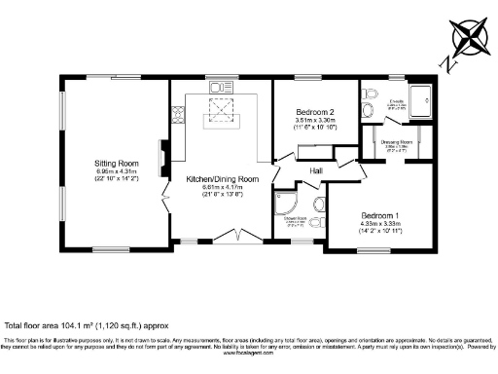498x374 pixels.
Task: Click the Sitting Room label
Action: [x=117, y=163]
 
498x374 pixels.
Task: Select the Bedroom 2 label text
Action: [x=315, y=113]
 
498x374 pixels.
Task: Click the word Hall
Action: [x=316, y=171]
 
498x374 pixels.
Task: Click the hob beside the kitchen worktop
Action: [x=178, y=117]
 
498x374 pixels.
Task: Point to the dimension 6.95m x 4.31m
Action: [x=117, y=172]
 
